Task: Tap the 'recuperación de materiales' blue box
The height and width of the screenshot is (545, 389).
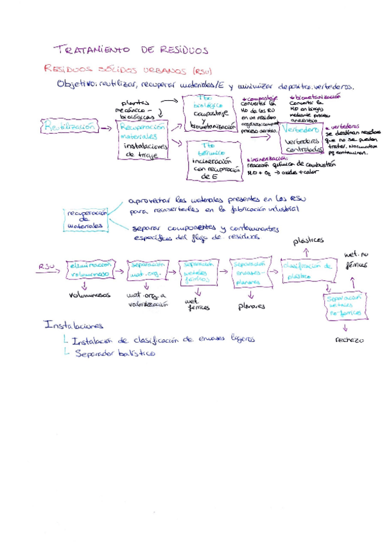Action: [x=85, y=219]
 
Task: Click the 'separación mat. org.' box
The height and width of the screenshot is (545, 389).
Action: [x=148, y=269]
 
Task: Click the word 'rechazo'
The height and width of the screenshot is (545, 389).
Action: [x=349, y=339]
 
